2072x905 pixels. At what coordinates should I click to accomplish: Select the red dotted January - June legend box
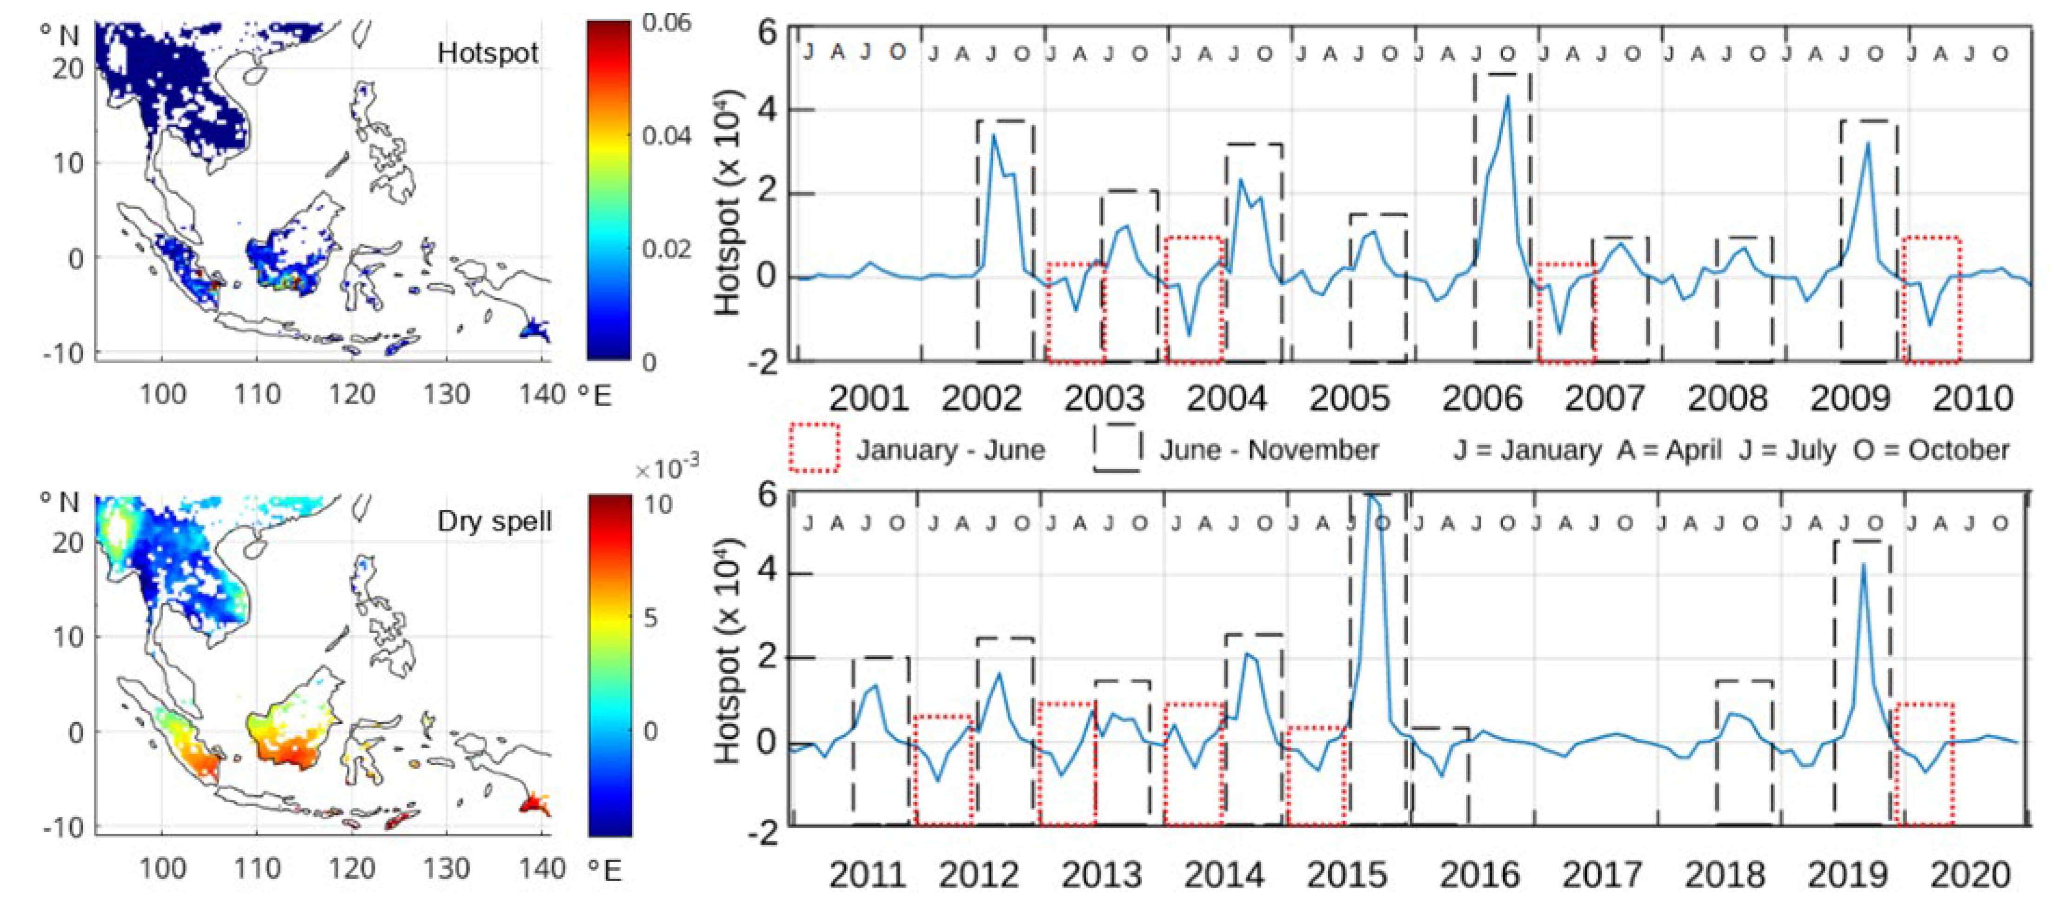pos(814,447)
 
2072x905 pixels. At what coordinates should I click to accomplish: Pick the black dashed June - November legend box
pos(1116,447)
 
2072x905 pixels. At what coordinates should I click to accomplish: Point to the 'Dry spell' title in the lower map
pos(494,521)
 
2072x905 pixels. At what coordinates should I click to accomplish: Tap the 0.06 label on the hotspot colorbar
pos(667,22)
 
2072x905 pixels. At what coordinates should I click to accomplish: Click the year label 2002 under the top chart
pos(981,398)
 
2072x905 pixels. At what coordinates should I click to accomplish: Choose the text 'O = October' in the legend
pos(1931,450)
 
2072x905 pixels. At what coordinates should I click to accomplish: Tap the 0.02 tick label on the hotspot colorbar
pos(667,249)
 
